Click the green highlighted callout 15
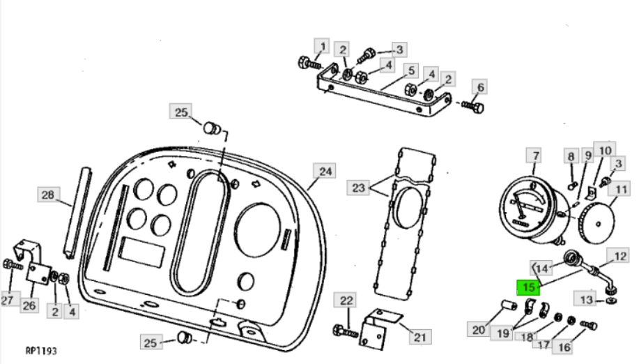coord(528,287)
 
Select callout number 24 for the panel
coord(325,172)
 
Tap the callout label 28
coord(48,195)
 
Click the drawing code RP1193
coord(40,351)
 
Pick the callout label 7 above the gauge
coord(535,156)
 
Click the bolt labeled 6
coord(473,107)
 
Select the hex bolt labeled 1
coord(309,63)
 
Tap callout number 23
coord(358,188)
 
